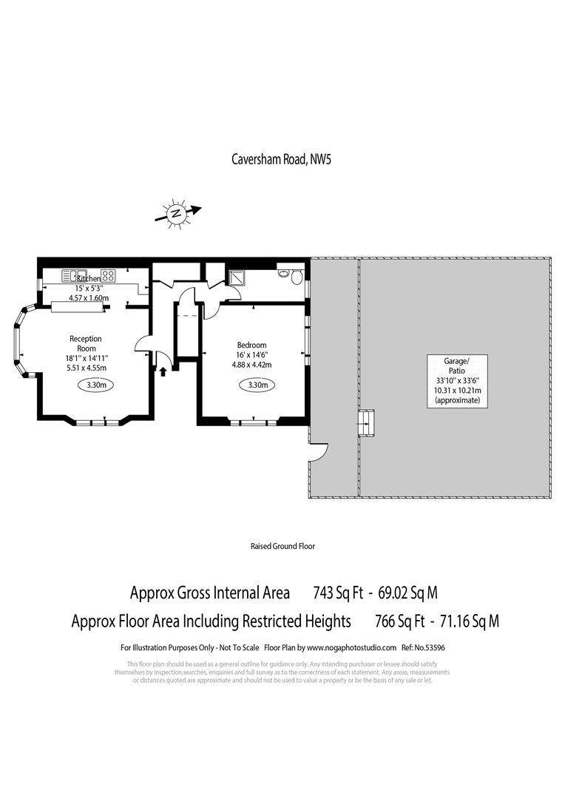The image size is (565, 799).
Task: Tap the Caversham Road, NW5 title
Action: click(282, 158)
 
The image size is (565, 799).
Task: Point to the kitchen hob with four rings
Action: click(108, 275)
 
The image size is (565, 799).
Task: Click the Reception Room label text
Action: click(85, 343)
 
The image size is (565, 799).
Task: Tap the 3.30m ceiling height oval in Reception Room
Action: click(95, 385)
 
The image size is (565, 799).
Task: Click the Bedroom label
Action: click(251, 345)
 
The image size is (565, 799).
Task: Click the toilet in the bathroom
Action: click(297, 277)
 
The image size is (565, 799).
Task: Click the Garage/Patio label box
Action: click(456, 380)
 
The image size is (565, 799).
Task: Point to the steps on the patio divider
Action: click(366, 423)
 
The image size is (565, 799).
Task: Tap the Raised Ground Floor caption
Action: click(282, 546)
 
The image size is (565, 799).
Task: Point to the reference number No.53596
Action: click(433, 647)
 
